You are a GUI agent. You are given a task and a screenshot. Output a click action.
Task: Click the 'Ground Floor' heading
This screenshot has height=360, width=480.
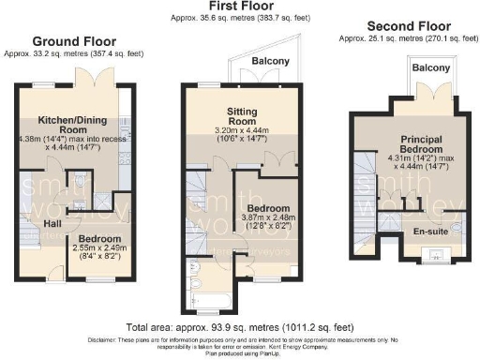74,41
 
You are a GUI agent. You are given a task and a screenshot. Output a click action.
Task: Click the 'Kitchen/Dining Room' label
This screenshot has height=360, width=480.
71,127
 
